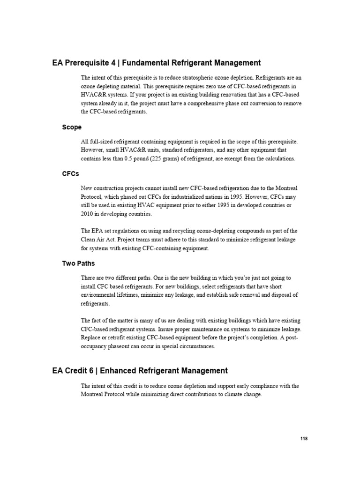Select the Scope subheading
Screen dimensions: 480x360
tap(72, 127)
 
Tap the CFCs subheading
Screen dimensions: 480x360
tap(71, 173)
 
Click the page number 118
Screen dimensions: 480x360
tap(304, 438)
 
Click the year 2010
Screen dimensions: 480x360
tap(88, 213)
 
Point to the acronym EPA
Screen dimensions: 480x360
tap(99, 231)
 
